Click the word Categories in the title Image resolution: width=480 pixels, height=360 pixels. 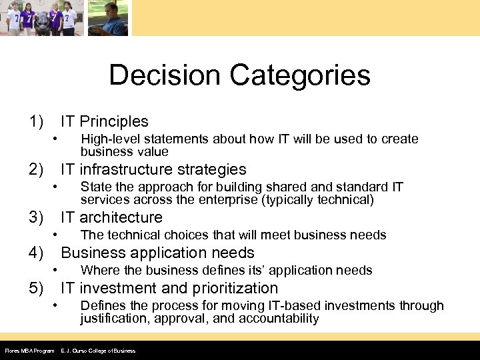tap(301, 75)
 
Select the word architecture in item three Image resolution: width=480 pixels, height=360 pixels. tap(121, 217)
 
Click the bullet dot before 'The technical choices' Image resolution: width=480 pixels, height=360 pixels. tap(56, 234)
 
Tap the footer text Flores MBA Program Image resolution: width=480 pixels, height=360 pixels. tap(29, 351)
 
